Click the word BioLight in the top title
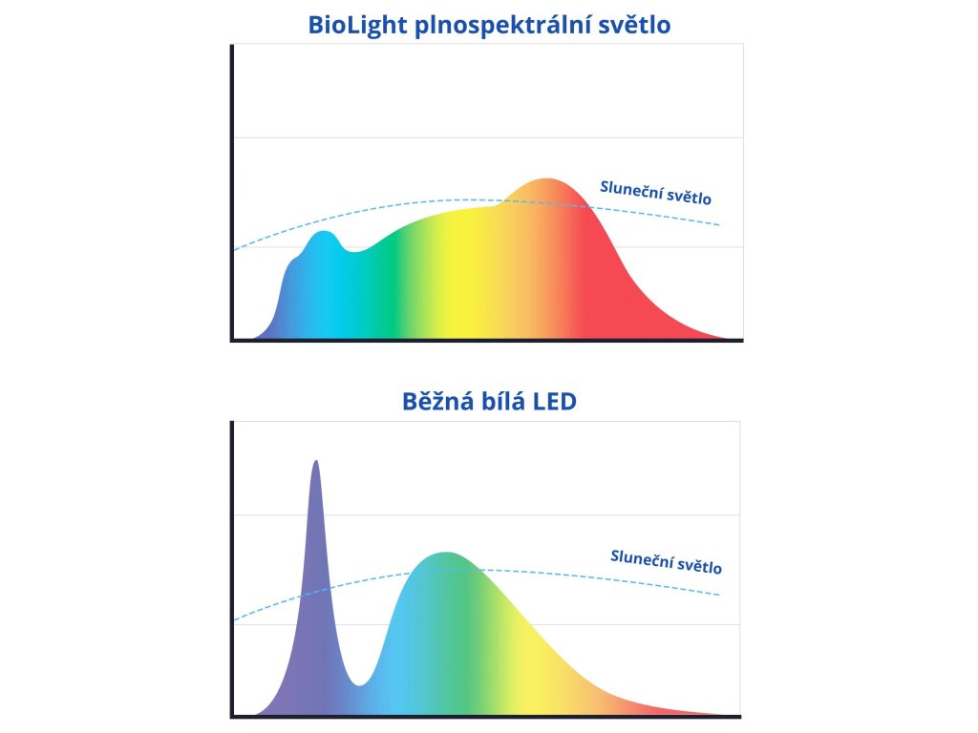[357, 25]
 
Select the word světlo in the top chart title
[634, 25]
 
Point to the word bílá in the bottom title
[511, 401]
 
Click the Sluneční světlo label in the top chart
[655, 192]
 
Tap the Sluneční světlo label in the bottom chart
[666, 561]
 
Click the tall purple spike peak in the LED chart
[315, 465]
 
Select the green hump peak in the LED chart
[444, 555]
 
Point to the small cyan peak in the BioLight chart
[325, 234]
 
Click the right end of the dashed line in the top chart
[718, 225]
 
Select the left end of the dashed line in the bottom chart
[235, 620]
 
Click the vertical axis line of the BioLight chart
[232, 191]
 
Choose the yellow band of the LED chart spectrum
[535, 659]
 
